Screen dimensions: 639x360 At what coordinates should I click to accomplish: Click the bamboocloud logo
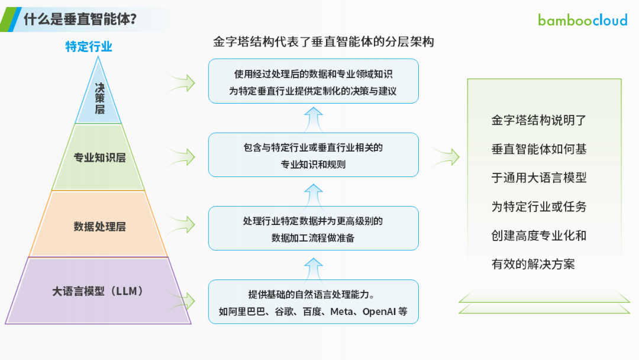(x=582, y=20)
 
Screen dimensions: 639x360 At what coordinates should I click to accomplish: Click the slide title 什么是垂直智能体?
(x=80, y=19)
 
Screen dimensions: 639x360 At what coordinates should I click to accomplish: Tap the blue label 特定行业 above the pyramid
(x=89, y=46)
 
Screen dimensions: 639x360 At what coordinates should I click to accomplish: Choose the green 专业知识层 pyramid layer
(x=98, y=157)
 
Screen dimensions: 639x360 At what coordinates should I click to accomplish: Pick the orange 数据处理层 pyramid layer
(x=98, y=224)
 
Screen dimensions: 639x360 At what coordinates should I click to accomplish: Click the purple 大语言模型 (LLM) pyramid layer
(x=98, y=291)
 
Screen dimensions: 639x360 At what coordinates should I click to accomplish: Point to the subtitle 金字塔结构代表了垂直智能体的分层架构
(x=323, y=41)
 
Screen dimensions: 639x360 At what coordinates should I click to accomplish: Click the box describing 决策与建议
(x=314, y=81)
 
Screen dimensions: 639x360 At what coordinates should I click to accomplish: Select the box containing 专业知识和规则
(x=314, y=155)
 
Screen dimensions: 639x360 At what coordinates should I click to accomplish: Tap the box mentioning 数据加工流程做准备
(x=314, y=229)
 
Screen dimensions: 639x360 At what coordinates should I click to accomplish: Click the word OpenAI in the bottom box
(x=379, y=312)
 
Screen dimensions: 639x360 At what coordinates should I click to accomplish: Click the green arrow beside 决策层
(x=182, y=83)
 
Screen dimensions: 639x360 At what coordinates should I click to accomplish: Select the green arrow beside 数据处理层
(x=182, y=224)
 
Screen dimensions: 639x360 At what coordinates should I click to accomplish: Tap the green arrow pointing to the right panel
(x=446, y=157)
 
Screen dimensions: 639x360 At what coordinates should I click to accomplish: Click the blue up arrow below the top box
(x=314, y=120)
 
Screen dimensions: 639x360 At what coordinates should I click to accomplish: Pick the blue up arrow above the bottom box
(x=314, y=269)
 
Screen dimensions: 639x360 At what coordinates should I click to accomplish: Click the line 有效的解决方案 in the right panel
(x=533, y=264)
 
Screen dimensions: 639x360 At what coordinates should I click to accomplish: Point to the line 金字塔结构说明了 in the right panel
(x=539, y=120)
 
